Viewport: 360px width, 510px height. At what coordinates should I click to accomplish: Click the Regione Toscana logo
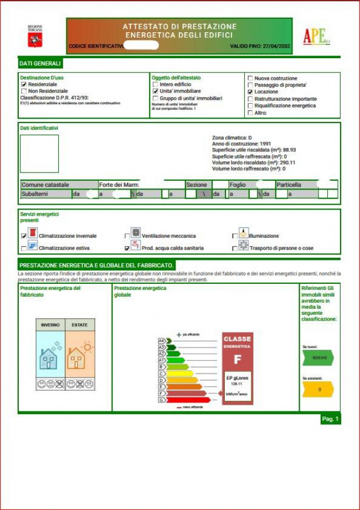pos(35,36)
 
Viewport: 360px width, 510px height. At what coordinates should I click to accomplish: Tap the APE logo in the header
pos(316,37)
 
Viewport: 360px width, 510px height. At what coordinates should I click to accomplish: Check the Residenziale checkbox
pos(24,84)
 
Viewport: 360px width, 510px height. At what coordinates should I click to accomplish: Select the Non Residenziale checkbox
pos(24,91)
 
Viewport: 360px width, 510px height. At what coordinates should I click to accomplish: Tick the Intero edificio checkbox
pos(156,84)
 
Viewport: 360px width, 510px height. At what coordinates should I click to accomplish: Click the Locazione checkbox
pos(250,92)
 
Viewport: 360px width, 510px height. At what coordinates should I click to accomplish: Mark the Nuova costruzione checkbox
pos(250,78)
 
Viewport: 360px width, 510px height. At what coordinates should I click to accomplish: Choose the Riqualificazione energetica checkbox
pos(250,106)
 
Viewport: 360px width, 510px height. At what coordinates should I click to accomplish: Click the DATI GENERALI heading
pos(40,64)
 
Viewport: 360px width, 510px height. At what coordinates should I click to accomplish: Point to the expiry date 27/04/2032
pos(277,46)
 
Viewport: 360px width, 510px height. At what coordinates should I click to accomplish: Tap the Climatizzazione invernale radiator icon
pos(33,233)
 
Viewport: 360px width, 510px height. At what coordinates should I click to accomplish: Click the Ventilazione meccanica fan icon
pos(136,233)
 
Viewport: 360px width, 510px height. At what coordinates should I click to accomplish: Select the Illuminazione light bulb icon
pos(243,233)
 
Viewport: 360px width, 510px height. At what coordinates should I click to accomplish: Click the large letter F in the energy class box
pos(238,360)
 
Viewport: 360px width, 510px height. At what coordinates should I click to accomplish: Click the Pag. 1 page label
pos(330,419)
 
